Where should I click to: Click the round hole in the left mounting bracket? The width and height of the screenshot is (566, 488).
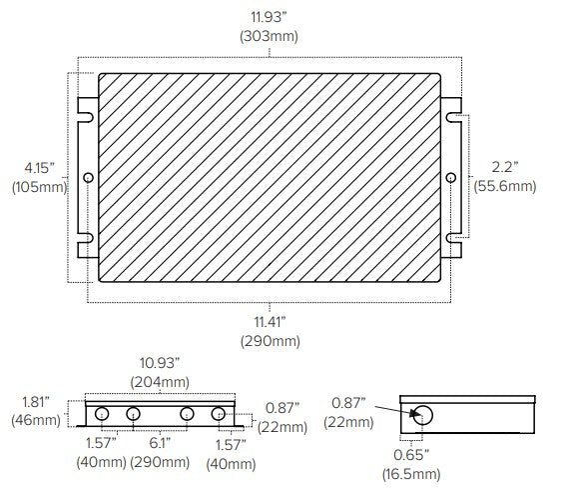point(88,177)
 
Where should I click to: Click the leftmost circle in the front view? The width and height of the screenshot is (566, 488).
point(102,415)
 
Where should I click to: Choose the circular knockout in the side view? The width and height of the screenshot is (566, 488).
point(423,416)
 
